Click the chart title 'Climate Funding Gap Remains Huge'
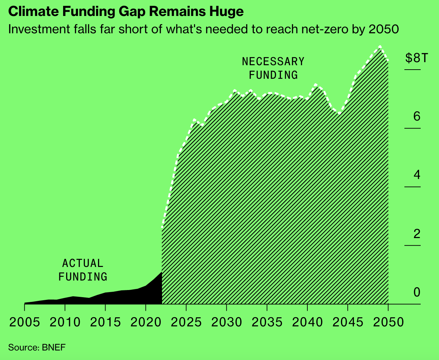click(x=126, y=12)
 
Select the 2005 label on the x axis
click(x=24, y=322)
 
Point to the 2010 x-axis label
click(x=65, y=322)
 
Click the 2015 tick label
click(x=105, y=322)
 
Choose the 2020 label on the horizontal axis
click(x=146, y=322)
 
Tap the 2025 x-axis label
click(x=186, y=322)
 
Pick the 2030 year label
click(x=227, y=322)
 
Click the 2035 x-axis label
click(x=267, y=322)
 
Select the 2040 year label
click(x=307, y=322)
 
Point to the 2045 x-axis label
click(x=348, y=322)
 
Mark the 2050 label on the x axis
click(x=388, y=322)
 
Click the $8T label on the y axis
click(x=417, y=58)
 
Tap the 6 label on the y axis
click(x=417, y=116)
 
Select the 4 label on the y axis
click(x=417, y=175)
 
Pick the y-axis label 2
click(x=417, y=234)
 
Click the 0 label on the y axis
click(x=417, y=292)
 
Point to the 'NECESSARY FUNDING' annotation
click(x=273, y=68)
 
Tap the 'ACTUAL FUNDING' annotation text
click(x=83, y=270)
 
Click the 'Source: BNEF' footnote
click(x=37, y=347)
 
